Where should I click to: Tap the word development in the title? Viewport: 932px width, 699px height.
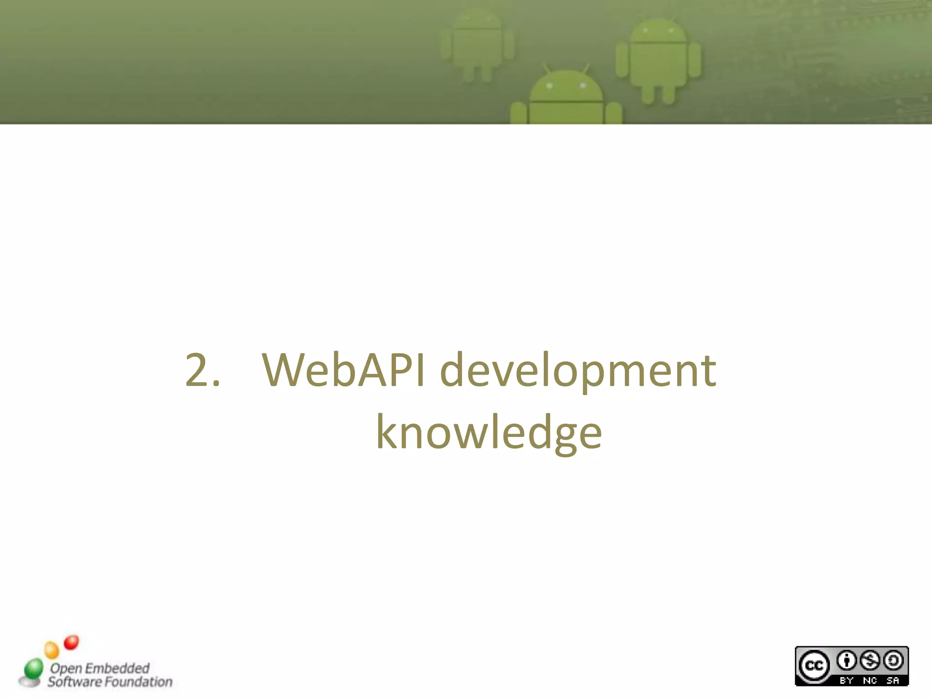pyautogui.click(x=578, y=370)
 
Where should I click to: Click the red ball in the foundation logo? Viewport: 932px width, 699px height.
pyautogui.click(x=71, y=642)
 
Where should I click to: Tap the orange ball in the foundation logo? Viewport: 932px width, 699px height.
pyautogui.click(x=51, y=649)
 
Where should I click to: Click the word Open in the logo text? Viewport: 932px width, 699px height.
pyautogui.click(x=66, y=669)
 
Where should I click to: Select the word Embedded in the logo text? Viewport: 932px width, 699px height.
pyautogui.click(x=117, y=668)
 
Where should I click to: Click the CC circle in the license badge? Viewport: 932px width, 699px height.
pyautogui.click(x=814, y=666)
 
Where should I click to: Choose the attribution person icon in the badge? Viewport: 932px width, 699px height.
pyautogui.click(x=846, y=660)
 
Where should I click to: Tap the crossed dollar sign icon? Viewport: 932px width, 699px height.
pyautogui.click(x=870, y=660)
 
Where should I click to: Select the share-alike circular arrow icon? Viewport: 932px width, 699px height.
pyautogui.click(x=893, y=660)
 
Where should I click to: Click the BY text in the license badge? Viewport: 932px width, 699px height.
pyautogui.click(x=846, y=680)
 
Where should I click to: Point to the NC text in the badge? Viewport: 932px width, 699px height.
pyautogui.click(x=870, y=680)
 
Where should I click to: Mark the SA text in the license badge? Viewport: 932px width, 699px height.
pyautogui.click(x=893, y=680)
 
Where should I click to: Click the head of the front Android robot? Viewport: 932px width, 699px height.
pyautogui.click(x=566, y=86)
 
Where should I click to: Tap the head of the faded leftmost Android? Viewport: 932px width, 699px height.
pyautogui.click(x=477, y=20)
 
